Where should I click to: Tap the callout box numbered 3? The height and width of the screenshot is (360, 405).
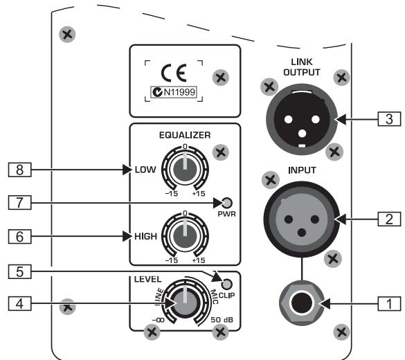(388, 119)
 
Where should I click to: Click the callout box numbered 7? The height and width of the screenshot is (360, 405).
(17, 203)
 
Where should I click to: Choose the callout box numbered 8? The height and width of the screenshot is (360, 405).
(17, 169)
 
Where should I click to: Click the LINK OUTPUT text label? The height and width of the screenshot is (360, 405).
(302, 68)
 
